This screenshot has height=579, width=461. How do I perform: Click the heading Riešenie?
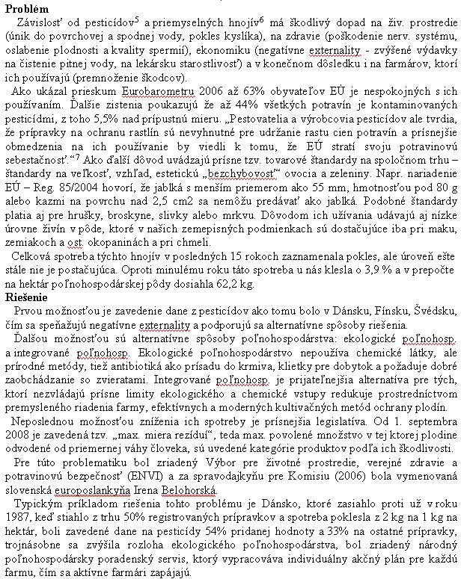coord(25,297)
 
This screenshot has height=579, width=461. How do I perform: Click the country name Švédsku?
coord(406,310)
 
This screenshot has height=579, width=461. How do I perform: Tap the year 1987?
coord(16,516)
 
